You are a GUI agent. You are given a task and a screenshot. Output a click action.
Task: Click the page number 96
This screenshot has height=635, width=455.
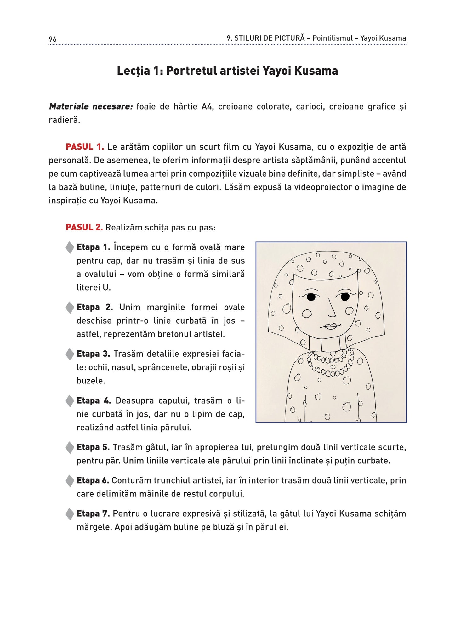coord(53,39)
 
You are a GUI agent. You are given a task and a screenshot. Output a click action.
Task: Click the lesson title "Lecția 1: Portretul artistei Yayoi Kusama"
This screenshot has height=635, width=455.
coord(227,71)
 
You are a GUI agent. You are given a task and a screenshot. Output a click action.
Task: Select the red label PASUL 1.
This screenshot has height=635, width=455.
coord(85,147)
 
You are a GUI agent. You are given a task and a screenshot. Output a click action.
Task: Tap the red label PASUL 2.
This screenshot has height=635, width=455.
coord(84,227)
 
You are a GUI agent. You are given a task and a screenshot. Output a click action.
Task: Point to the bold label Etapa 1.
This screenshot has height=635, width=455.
coord(93,247)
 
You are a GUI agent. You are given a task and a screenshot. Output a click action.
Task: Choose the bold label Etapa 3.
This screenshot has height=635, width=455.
coord(93,354)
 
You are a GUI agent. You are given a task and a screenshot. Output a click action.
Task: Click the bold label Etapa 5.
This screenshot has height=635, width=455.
coord(93,447)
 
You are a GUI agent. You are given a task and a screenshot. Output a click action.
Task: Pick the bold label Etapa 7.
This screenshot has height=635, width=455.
coord(93,513)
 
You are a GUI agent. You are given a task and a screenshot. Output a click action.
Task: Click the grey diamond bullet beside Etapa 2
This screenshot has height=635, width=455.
coord(70,307)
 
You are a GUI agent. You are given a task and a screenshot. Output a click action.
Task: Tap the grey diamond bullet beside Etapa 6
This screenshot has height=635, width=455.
coord(70,480)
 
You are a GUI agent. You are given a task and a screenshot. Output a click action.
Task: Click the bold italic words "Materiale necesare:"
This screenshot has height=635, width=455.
coord(91,106)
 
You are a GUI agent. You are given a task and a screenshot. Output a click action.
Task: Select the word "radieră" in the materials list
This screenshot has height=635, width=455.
coord(64,120)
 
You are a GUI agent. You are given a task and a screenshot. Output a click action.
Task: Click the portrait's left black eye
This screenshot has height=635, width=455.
coord(311,297)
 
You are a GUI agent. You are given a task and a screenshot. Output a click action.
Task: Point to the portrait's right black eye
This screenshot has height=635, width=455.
coord(345,297)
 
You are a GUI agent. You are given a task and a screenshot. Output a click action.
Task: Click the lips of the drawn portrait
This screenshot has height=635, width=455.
coord(331,326)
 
